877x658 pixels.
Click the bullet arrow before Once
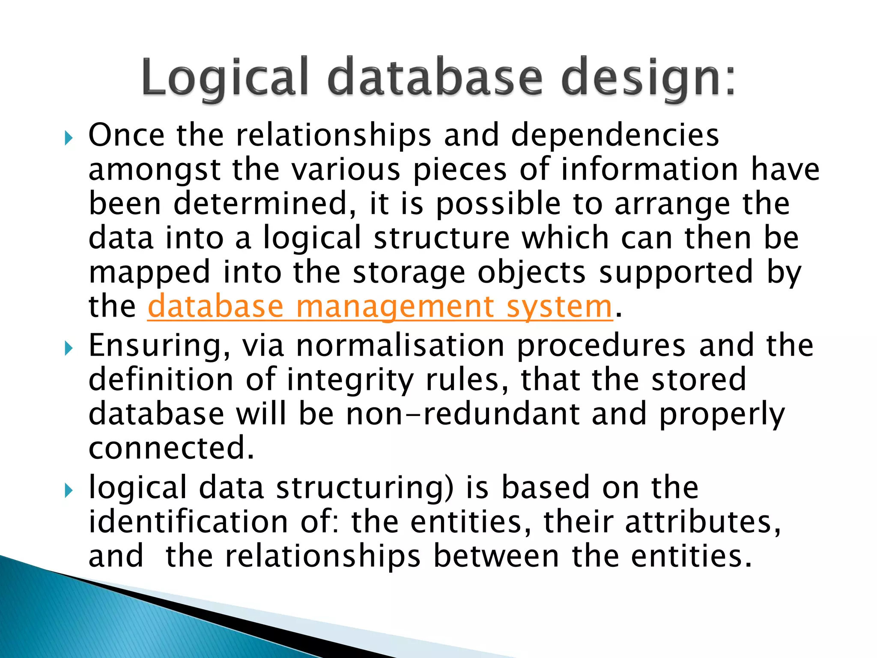(69, 138)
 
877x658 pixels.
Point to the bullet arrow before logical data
(69, 491)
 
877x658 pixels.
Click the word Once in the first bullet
(126, 135)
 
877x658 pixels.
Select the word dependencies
(615, 135)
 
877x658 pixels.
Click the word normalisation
(400, 346)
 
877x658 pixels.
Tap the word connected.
(171, 448)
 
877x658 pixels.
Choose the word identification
(188, 522)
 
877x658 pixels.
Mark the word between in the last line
(496, 556)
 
